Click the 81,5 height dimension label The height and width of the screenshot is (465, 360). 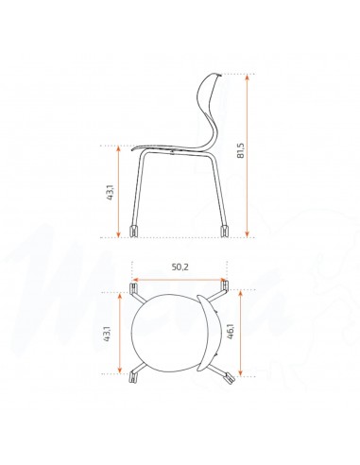(x=266, y=155)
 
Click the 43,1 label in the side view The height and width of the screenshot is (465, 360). (x=111, y=195)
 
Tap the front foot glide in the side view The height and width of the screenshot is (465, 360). (x=132, y=230)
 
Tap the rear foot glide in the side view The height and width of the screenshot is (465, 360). (x=225, y=230)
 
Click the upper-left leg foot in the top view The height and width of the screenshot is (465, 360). (x=131, y=285)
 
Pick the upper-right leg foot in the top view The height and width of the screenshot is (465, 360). (x=224, y=284)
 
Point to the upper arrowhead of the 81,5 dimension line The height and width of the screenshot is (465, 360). (x=248, y=79)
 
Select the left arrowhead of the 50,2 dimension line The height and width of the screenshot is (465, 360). (x=134, y=280)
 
